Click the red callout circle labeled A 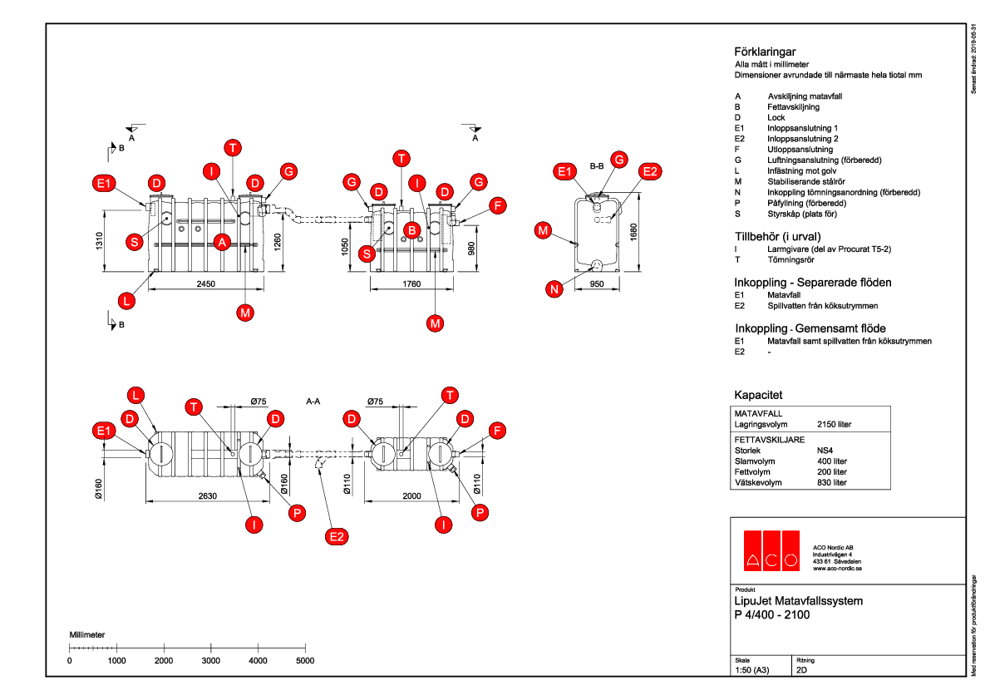click(x=222, y=242)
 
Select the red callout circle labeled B click(x=411, y=229)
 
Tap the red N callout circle click(x=554, y=289)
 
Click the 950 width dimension click(x=596, y=284)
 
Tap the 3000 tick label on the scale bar click(x=211, y=660)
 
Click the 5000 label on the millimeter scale click(x=305, y=660)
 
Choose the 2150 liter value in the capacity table click(x=835, y=424)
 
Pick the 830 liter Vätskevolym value click(x=832, y=482)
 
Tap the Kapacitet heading click(x=758, y=395)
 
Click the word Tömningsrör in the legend click(x=791, y=260)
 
